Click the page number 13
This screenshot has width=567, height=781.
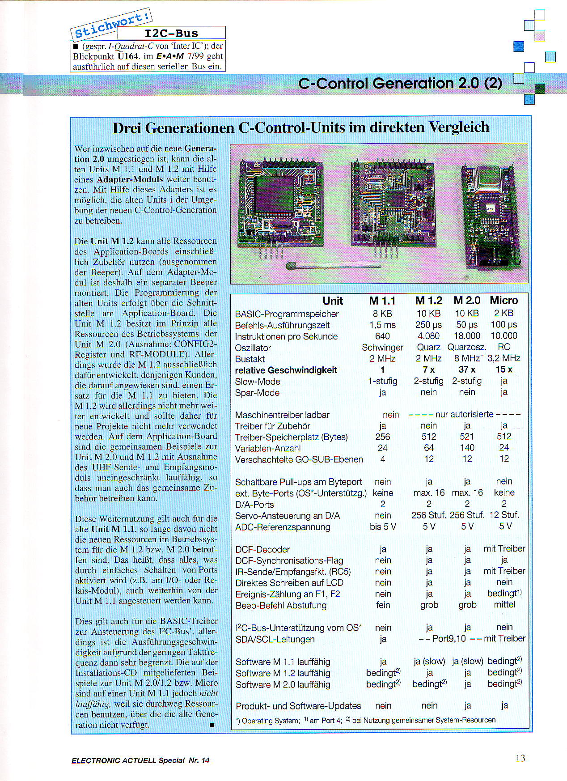click(520, 758)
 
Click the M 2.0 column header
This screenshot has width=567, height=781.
click(467, 301)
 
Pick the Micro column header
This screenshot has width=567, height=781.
click(504, 301)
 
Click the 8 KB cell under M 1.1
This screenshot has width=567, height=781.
click(382, 314)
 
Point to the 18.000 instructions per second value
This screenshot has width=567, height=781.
click(467, 336)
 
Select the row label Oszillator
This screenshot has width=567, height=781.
click(253, 348)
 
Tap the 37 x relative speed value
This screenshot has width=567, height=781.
click(467, 369)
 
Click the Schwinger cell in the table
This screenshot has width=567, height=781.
click(382, 348)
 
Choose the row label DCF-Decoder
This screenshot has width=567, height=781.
click(262, 549)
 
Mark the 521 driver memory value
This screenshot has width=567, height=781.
click(467, 437)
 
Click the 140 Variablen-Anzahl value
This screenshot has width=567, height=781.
click(467, 448)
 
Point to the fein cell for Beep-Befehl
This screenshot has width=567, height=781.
click(383, 605)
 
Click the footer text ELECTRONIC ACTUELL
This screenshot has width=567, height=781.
click(114, 760)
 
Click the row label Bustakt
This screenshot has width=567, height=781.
click(250, 359)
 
